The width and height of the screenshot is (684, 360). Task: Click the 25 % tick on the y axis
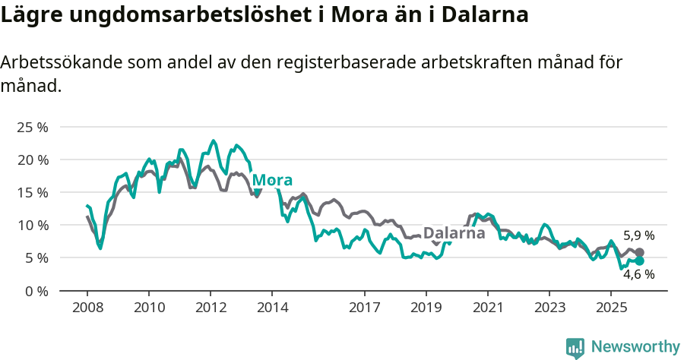click(33, 127)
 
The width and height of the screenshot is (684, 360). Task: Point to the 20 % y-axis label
click(33, 159)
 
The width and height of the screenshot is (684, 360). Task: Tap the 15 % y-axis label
click(33, 192)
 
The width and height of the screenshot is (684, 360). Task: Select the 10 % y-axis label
click(33, 225)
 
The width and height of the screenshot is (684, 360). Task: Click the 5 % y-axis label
click(36, 257)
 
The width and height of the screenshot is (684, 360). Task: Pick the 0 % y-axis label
click(36, 290)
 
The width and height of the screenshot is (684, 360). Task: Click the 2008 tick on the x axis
click(87, 308)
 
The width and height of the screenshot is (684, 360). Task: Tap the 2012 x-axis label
click(210, 308)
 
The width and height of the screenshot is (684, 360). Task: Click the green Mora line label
click(271, 180)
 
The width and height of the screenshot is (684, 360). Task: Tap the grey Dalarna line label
click(454, 233)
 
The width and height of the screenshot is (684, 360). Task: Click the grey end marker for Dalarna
click(639, 252)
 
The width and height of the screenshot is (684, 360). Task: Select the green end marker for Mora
click(639, 261)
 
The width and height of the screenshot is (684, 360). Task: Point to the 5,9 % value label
click(638, 235)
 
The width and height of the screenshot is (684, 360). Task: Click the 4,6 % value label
click(638, 275)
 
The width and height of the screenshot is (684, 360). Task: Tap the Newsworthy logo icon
click(575, 347)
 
